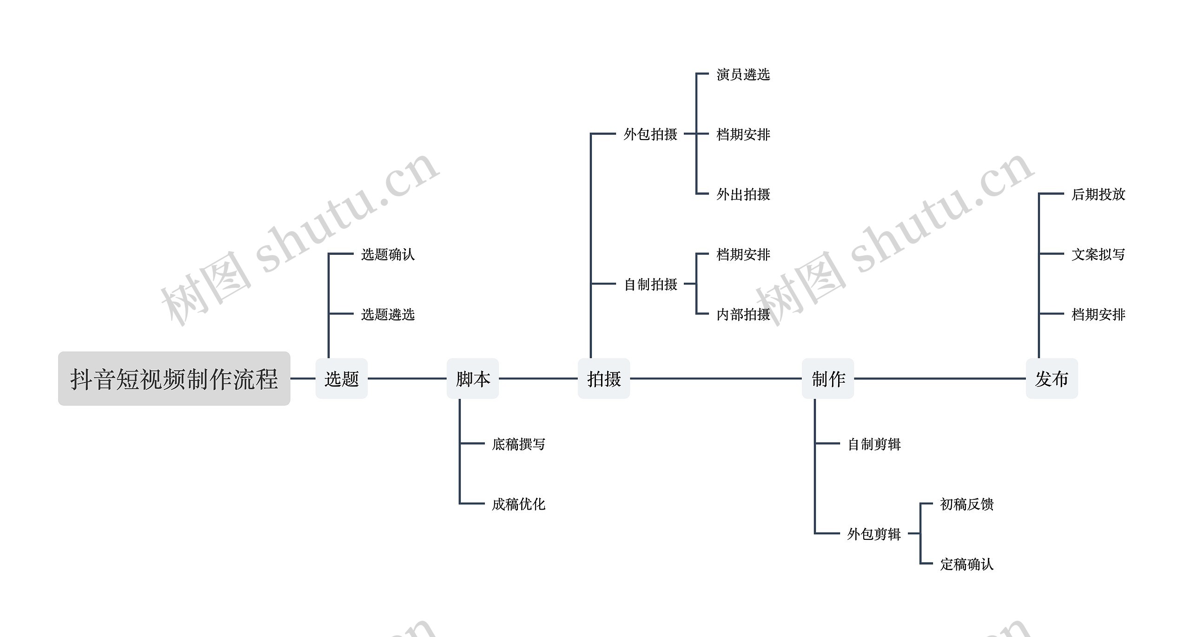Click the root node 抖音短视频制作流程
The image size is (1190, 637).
[174, 378]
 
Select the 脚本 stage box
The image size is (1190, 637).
[473, 378]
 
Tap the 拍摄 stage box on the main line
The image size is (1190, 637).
[604, 378]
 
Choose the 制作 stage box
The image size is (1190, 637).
[828, 378]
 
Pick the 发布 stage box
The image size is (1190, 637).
[1051, 378]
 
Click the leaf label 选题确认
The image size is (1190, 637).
[388, 254]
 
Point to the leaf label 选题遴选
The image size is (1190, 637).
[388, 314]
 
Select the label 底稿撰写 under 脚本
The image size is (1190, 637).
[518, 444]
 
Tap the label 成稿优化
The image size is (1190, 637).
[518, 504]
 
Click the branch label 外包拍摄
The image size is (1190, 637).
[650, 134]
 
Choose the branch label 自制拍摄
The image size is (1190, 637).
[650, 284]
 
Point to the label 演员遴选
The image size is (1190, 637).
[743, 74]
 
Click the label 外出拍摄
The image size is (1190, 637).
[743, 194]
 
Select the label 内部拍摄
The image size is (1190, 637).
[743, 314]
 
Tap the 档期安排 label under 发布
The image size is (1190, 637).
[1098, 314]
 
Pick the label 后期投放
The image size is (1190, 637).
[1098, 194]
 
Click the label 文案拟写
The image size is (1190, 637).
[1098, 254]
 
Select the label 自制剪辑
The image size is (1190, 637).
[874, 444]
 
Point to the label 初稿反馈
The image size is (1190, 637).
[966, 504]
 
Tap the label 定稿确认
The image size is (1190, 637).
[966, 564]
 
